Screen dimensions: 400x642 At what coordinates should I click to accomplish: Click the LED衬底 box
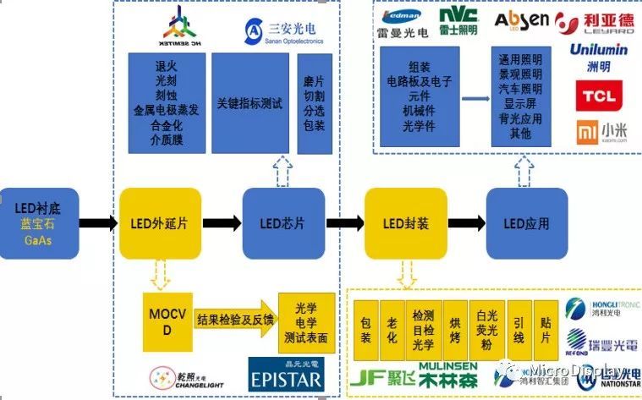tap(39, 223)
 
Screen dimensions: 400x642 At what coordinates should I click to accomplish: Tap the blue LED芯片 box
tap(283, 223)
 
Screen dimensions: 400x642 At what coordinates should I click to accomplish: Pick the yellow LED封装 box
tap(405, 223)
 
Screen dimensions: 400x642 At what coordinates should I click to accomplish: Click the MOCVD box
tap(166, 321)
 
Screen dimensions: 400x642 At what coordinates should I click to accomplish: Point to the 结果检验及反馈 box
tap(236, 320)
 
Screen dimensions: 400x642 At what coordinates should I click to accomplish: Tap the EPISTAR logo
tap(286, 375)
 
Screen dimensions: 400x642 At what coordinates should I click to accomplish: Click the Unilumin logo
tap(598, 54)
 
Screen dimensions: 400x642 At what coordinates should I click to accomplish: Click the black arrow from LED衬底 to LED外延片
tap(98, 223)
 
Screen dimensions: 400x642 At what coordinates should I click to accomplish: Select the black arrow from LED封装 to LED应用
tap(466, 223)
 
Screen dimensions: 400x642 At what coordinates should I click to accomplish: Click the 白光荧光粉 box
tap(480, 326)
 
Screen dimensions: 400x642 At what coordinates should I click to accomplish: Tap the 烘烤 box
tap(454, 326)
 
